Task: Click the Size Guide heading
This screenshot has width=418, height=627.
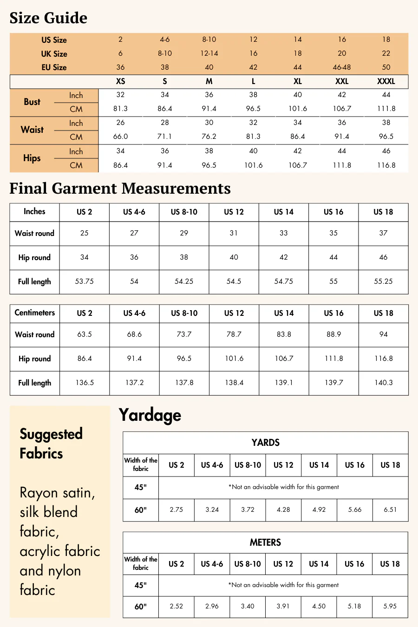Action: pos(48,18)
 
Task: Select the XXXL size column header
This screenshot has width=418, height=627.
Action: pos(386,81)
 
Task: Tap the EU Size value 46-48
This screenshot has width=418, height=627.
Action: pos(342,67)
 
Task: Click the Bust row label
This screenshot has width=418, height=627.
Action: pos(32,102)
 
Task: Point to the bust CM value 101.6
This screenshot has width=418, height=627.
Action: pos(298,109)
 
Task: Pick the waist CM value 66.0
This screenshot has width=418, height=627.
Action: pos(120,137)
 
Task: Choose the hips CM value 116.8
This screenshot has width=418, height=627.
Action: pos(386,165)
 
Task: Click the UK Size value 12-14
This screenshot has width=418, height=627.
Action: pos(209,53)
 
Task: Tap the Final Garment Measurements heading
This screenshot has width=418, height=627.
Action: pos(120,188)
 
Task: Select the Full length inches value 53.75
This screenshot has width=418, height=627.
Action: pos(85,281)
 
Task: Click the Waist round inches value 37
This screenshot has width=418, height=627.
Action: pos(383,233)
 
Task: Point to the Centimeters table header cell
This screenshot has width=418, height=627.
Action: pos(35,313)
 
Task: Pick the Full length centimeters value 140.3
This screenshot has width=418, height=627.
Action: pos(384,383)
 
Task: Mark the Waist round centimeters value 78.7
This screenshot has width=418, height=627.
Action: pos(234,334)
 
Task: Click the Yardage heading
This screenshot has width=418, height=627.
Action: pos(150,415)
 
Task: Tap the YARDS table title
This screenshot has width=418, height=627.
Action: pos(265,443)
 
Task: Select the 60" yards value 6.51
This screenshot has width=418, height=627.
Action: pos(390,509)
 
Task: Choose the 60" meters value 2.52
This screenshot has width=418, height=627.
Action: pos(176,606)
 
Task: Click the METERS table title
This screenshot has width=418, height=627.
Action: pos(265,542)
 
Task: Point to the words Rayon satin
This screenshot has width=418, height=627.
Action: pos(57,493)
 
